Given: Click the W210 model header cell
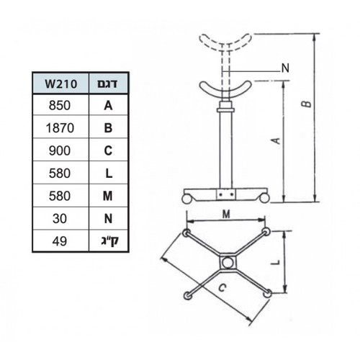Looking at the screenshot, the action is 61,84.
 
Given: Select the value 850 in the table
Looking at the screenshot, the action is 60,105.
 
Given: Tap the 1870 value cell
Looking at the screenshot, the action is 60,127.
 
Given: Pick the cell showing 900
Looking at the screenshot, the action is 60,150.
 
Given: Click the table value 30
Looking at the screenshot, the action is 60,219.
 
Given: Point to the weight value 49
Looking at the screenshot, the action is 60,241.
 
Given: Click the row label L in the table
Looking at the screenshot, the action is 109,173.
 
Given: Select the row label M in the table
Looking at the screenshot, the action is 108,196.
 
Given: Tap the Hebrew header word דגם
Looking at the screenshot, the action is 107,84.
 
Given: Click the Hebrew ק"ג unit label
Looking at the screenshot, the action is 109,241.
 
